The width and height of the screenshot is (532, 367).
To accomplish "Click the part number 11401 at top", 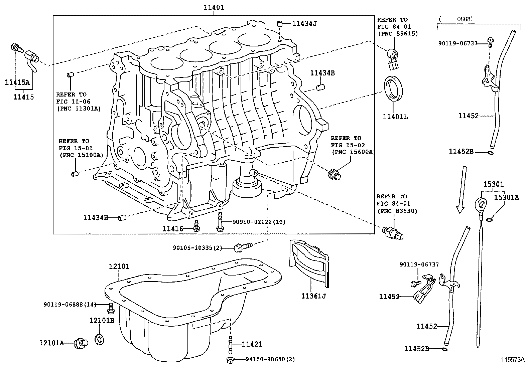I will (214, 7).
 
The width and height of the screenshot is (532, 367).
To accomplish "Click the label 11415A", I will (17, 82).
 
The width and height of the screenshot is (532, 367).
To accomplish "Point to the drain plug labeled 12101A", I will (81, 343).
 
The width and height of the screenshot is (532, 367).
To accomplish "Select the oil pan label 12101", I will (119, 266).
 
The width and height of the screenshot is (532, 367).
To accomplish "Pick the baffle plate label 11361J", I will (313, 296).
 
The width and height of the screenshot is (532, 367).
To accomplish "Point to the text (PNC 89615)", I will (398, 33).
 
